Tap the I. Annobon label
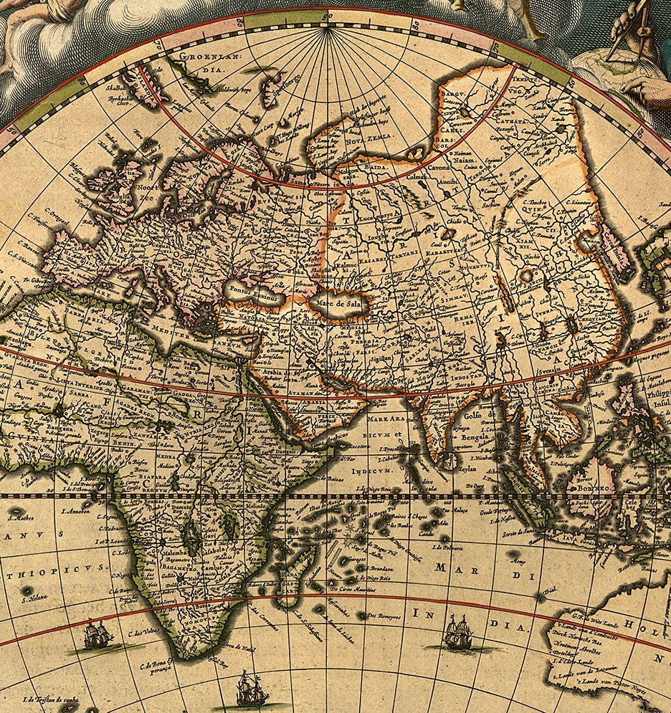click(75, 512)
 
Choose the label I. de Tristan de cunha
click(49, 700)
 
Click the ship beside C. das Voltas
click(98, 635)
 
